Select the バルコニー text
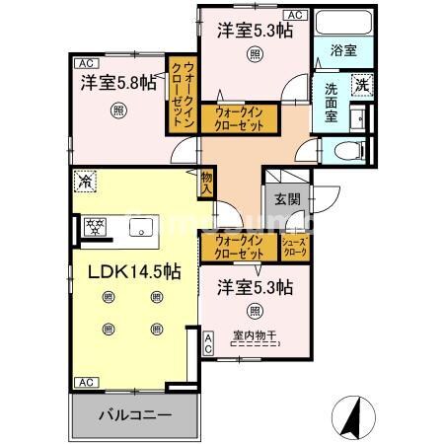click(x=132, y=415)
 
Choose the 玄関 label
click(x=287, y=198)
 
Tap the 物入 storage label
click(x=207, y=181)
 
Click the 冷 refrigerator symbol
click(x=85, y=182)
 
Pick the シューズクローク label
click(x=295, y=247)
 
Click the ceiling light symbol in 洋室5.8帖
click(x=118, y=111)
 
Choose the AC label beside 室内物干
click(x=207, y=342)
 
